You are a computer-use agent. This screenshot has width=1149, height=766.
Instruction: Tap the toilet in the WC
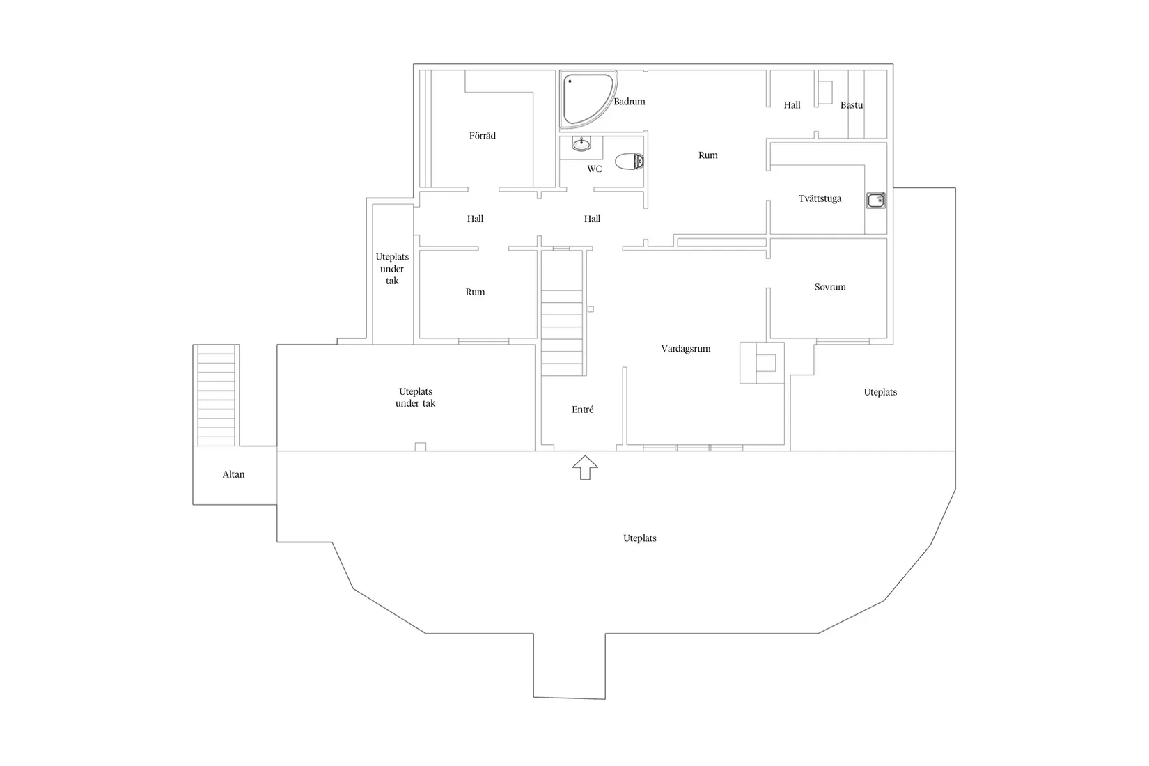coord(629,162)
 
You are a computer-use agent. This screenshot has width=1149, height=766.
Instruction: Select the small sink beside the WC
coord(581,144)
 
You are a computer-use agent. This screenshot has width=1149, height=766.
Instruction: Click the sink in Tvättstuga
coord(876,201)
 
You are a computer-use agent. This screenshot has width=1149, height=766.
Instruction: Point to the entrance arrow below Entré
coord(585,467)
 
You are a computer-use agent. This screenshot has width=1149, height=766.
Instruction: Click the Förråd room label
coord(483,136)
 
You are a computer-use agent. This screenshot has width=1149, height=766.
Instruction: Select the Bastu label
coord(851,105)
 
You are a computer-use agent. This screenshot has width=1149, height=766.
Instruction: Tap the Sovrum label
coord(830,287)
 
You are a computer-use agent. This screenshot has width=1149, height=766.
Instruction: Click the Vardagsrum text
coord(686,349)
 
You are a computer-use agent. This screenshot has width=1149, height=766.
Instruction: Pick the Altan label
coord(234,474)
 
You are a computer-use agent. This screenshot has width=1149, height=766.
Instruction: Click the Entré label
coord(583,409)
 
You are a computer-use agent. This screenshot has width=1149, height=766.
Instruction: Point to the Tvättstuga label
coord(820,198)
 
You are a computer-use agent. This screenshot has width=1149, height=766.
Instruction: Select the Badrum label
coord(630,102)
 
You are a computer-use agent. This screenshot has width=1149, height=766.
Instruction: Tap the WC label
coord(594,169)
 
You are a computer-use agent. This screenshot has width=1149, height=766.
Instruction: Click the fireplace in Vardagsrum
coord(763,363)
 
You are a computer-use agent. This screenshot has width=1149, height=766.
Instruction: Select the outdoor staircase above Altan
coord(216,396)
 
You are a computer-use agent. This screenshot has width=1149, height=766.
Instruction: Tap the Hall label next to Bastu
coord(792,105)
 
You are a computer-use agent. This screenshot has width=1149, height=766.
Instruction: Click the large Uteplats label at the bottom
coord(640,538)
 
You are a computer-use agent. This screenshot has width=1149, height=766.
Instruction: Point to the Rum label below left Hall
coord(475,292)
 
